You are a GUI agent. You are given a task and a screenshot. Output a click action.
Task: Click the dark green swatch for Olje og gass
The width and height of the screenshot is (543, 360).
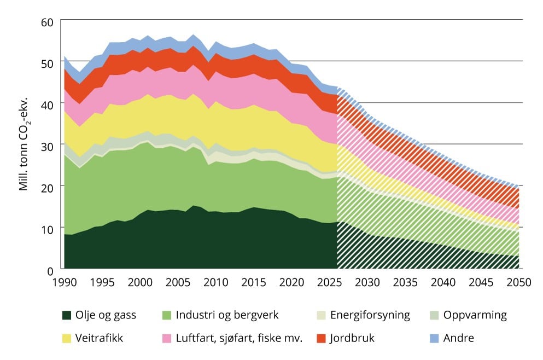pos(67,315)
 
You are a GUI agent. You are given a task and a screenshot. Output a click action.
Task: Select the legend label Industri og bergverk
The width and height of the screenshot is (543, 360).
pos(227,315)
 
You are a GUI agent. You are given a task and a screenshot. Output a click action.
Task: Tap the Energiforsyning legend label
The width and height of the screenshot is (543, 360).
pos(370,315)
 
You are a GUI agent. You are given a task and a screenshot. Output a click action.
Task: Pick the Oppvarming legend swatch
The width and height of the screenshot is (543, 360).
pos(434,315)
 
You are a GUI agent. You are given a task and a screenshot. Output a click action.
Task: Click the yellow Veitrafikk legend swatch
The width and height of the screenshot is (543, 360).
pos(67,338)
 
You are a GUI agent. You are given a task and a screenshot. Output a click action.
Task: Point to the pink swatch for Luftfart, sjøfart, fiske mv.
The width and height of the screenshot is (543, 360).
pos(167,338)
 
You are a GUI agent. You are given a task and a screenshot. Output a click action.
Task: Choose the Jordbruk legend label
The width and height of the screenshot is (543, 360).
pos(352,338)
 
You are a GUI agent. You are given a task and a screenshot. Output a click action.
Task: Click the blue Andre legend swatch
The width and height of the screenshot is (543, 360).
pos(434,338)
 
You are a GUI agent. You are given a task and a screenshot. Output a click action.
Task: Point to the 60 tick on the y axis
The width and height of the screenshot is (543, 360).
pos(47,22)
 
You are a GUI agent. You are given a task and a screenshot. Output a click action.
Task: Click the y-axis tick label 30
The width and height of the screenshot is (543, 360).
pos(47,147)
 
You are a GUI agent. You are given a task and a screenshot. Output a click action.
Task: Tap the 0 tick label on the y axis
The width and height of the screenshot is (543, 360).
pos(50,271)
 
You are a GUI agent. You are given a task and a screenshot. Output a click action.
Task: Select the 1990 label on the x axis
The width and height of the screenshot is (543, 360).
pos(65,282)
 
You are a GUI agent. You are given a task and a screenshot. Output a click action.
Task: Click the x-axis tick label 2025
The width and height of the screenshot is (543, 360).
pos(329,282)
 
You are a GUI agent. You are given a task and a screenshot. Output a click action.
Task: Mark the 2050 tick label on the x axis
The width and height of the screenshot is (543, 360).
pos(519,282)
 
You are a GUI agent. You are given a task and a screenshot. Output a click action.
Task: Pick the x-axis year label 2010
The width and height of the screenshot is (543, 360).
pos(216,282)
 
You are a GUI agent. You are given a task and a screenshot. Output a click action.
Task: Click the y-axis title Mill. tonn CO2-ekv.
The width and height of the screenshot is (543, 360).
pos(24,144)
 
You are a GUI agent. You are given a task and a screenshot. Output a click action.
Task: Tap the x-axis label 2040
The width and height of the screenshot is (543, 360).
pos(443,282)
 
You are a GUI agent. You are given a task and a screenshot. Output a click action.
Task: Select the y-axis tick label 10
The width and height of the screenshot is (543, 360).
pos(47,229)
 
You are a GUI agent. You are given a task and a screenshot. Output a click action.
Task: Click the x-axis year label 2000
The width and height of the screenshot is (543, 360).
pos(140,282)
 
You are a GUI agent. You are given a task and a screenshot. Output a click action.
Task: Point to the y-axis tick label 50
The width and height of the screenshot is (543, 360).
pos(47,64)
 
